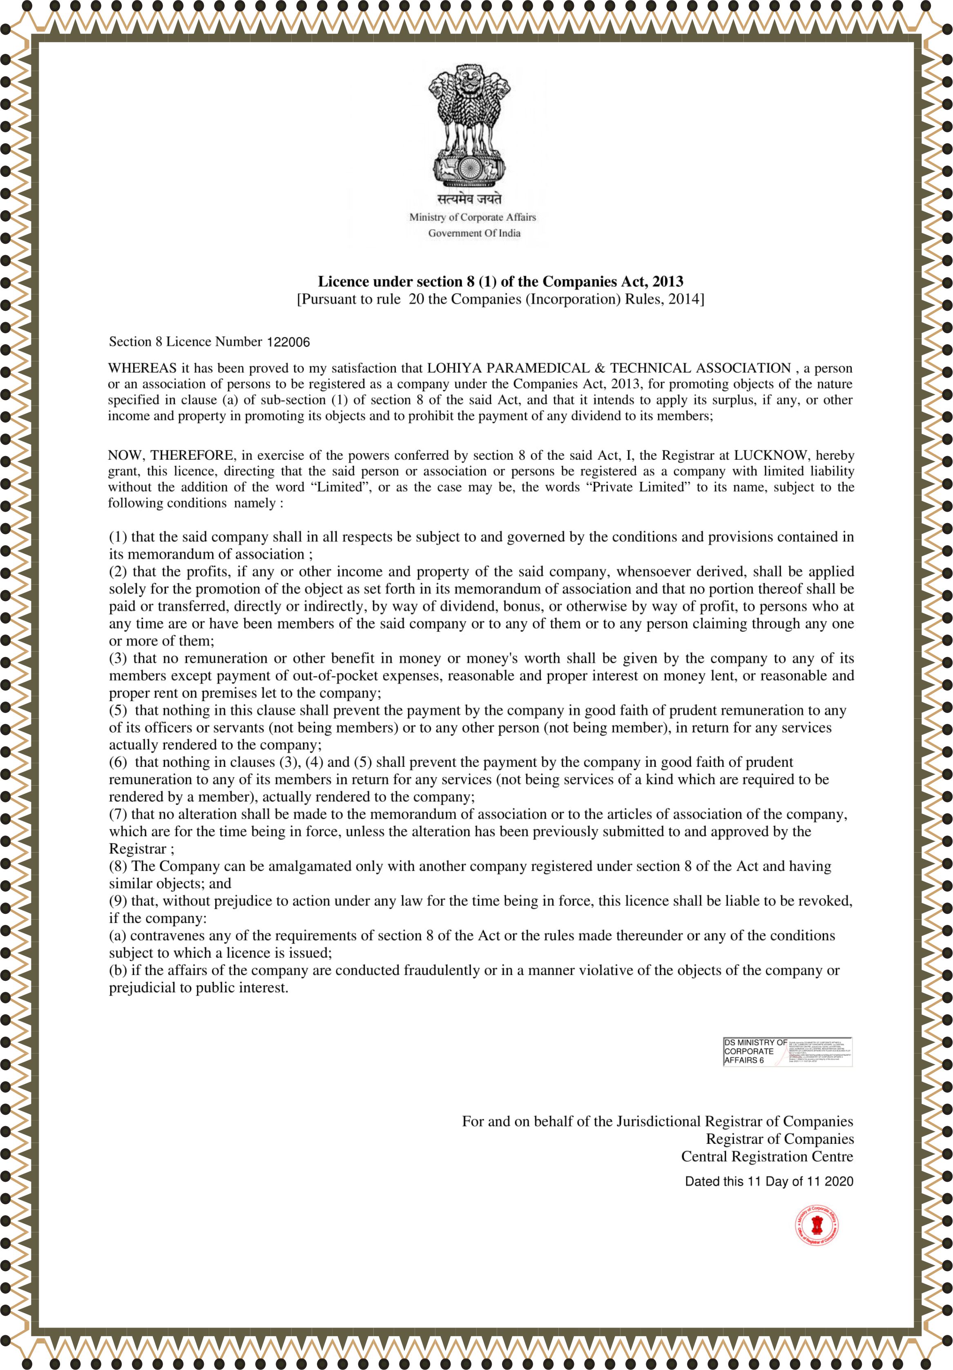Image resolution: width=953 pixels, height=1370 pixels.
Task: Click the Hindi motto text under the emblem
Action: tap(469, 199)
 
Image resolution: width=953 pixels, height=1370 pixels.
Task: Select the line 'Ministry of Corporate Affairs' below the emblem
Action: tap(472, 217)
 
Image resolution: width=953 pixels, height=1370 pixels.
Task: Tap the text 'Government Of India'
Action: tap(474, 233)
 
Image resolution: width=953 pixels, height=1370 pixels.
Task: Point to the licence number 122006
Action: tap(288, 342)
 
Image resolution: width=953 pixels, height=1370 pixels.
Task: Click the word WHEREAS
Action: tap(142, 368)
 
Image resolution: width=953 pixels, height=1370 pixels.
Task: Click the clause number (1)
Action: tap(118, 537)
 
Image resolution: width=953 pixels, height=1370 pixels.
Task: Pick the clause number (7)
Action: tap(118, 815)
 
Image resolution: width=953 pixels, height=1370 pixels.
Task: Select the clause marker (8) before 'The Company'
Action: tap(118, 867)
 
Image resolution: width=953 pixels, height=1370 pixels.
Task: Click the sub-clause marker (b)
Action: tap(118, 971)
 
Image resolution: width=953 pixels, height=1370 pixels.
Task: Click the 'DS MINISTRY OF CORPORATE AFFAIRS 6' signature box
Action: tap(786, 1051)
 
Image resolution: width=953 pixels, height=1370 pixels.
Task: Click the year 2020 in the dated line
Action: tap(839, 1181)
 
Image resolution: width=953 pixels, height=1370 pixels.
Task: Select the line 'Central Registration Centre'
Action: tap(767, 1156)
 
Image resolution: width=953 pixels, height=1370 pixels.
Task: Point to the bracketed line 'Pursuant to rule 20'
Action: tap(500, 299)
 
